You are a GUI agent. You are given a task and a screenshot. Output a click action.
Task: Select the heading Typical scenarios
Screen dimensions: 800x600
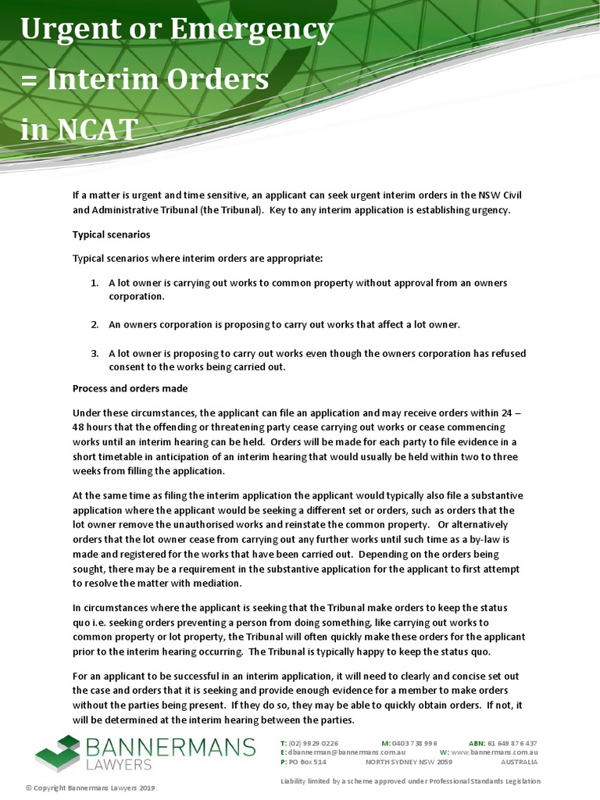pos(112,234)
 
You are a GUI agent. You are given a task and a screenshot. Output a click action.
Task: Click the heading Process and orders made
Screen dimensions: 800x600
pos(130,388)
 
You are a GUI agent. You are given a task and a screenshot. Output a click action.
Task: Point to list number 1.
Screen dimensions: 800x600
pos(94,283)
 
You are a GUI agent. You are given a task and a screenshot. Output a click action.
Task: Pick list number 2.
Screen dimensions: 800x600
pos(94,324)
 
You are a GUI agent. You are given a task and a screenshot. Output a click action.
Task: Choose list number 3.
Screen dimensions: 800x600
pos(94,353)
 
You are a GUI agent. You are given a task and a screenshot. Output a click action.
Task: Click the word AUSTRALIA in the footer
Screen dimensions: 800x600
pos(520,761)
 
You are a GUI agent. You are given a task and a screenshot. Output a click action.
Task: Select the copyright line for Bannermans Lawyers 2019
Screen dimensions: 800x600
pos(92,787)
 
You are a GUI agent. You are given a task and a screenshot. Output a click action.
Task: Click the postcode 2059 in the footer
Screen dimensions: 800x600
pos(445,761)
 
